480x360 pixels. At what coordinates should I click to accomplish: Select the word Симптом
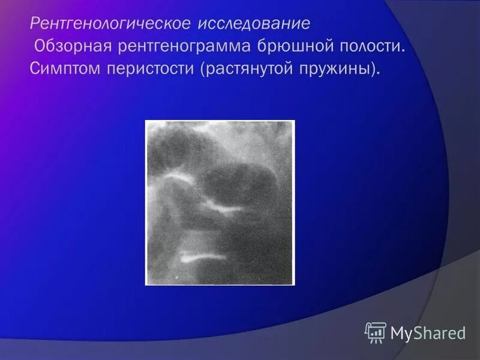pos(64,67)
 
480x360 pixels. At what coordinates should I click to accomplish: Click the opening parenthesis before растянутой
pos(204,68)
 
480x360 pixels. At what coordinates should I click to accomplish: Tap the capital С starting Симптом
pos(35,67)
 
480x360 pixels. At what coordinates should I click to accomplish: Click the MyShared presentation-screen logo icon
pos(375,332)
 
